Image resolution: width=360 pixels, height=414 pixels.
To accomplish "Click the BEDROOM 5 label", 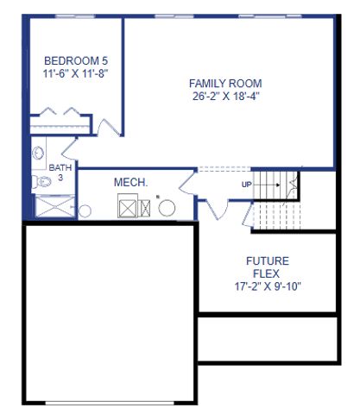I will tap(75, 60).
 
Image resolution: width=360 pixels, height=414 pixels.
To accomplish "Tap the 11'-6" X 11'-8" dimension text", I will tap(75, 74).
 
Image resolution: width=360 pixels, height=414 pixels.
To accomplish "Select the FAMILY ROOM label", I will tap(225, 84).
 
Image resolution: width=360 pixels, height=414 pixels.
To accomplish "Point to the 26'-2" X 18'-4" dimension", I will tap(225, 97).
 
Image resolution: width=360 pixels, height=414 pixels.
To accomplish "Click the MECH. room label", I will tap(131, 183).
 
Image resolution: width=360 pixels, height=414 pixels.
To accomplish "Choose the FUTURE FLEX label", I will tap(268, 267).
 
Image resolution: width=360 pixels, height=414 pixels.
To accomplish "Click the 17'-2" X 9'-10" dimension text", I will tap(268, 286).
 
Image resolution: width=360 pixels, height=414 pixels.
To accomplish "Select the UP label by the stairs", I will tap(247, 185).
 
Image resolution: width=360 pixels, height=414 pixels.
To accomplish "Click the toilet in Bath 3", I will tap(41, 182).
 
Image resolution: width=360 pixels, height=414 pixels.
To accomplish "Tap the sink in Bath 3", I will tap(38, 153).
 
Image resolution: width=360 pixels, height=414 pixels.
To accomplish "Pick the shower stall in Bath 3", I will tap(54, 207).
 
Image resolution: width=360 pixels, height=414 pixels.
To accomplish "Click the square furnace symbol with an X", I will tap(128, 207).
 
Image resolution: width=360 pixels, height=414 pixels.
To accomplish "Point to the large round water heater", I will tap(165, 208).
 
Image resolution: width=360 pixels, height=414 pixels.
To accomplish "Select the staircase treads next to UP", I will tap(274, 185).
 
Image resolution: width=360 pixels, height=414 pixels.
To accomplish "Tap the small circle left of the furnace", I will tap(85, 210).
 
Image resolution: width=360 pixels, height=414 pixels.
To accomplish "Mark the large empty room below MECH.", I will tap(105, 310).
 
